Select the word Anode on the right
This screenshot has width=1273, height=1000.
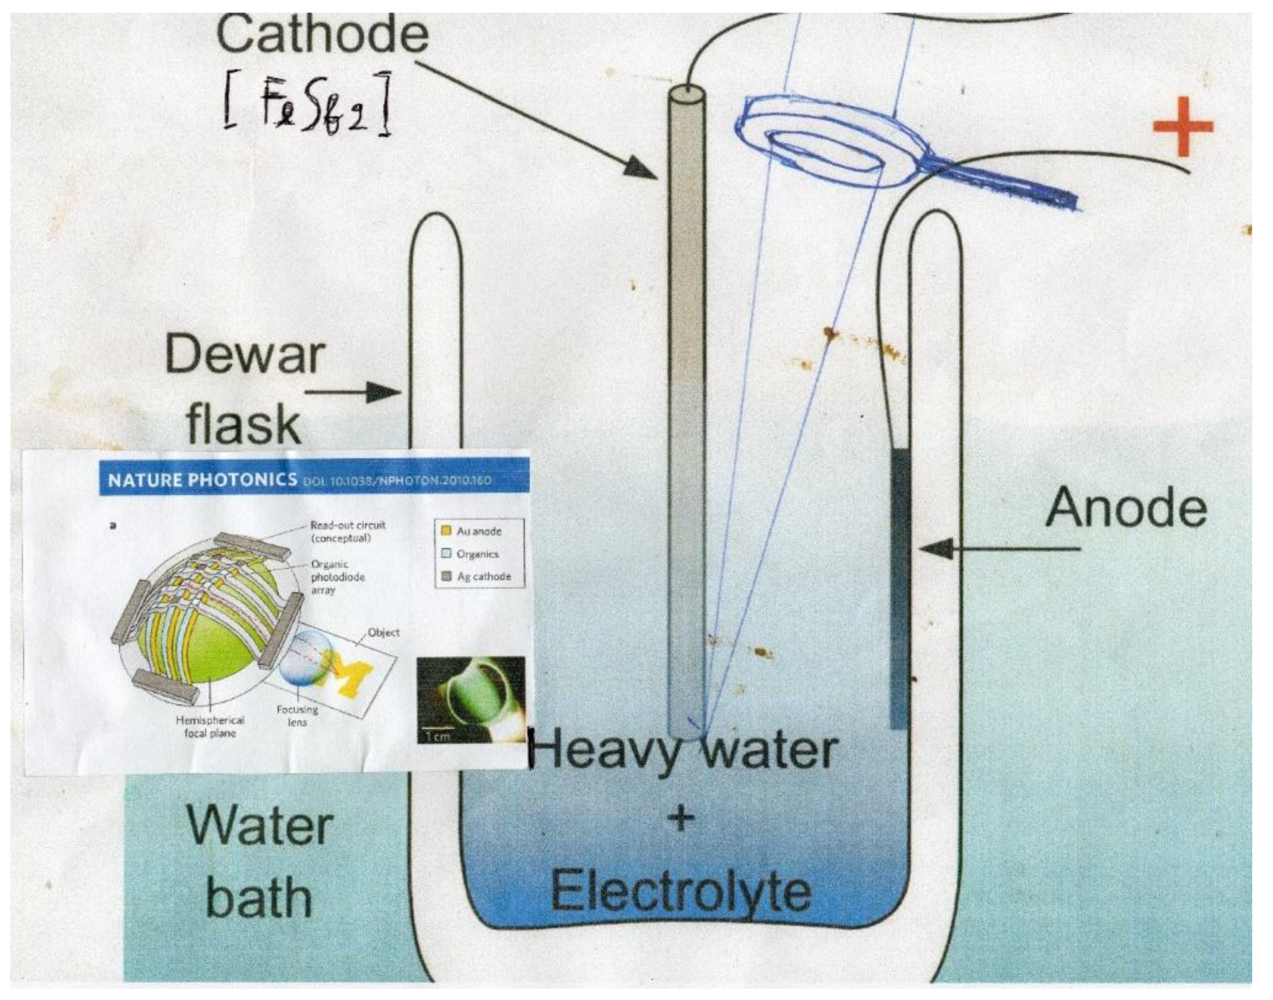[1126, 508]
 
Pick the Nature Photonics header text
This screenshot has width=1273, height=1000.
[202, 480]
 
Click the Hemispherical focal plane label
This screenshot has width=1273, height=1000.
[210, 726]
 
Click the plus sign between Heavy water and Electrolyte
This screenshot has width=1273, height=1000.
[680, 818]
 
